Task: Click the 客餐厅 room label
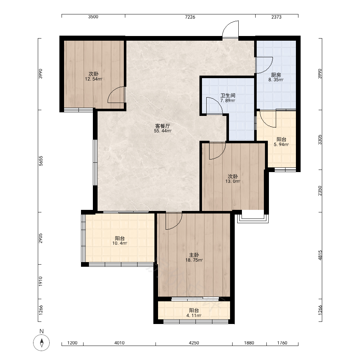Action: pos(163,126)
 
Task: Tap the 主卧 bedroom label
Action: pos(194,255)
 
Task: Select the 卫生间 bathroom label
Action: pos(228,95)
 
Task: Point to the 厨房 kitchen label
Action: pos(276,75)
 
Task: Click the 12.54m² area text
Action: pos(94,79)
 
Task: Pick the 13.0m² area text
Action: pos(233,181)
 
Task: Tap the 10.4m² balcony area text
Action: pos(120,243)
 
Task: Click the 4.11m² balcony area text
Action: pos(194,315)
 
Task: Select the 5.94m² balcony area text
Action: pos(281,144)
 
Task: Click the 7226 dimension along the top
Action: pos(190,17)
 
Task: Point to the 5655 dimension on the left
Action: pos(41,161)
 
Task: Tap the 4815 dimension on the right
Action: pos(320,255)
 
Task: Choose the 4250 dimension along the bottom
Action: pos(194,343)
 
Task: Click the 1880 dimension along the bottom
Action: pos(249,343)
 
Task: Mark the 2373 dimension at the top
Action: pos(276,17)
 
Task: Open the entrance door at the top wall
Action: pos(230,30)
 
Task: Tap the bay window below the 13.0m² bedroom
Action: pos(253,218)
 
